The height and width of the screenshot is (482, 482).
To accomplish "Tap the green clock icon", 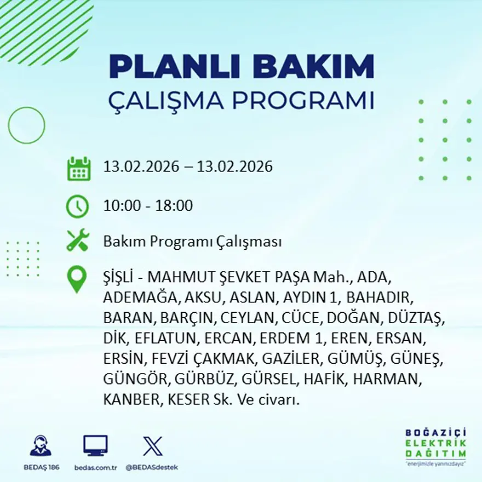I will pyautogui.click(x=77, y=206).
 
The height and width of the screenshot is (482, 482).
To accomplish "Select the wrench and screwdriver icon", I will pyautogui.click(x=77, y=241).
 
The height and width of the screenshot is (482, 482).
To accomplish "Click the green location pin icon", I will pyautogui.click(x=77, y=279).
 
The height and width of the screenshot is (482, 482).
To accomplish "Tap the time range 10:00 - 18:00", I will pyautogui.click(x=148, y=206).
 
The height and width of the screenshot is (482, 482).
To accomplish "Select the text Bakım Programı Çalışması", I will pyautogui.click(x=192, y=242).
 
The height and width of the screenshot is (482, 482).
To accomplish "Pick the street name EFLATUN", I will pyautogui.click(x=156, y=338).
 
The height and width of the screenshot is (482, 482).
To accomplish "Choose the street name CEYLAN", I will pyautogui.click(x=250, y=318).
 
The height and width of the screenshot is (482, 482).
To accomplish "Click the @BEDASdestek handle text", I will pyautogui.click(x=152, y=467).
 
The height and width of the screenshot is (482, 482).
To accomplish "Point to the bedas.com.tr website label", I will pyautogui.click(x=95, y=467).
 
